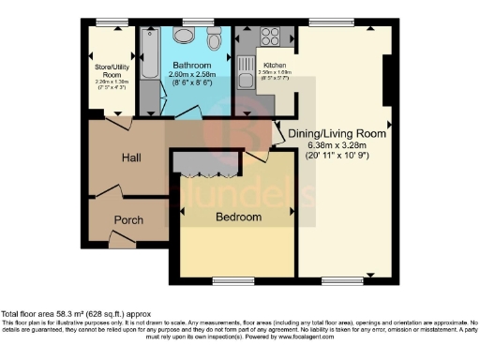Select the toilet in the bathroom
click(x=214, y=39)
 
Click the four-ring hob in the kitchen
click(x=270, y=37)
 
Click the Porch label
click(x=127, y=220)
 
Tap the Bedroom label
click(x=238, y=217)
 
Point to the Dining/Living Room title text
click(x=337, y=134)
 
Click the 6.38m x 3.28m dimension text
click(x=337, y=145)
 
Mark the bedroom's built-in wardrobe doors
click(x=204, y=175)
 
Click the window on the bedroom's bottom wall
click(x=232, y=279)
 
